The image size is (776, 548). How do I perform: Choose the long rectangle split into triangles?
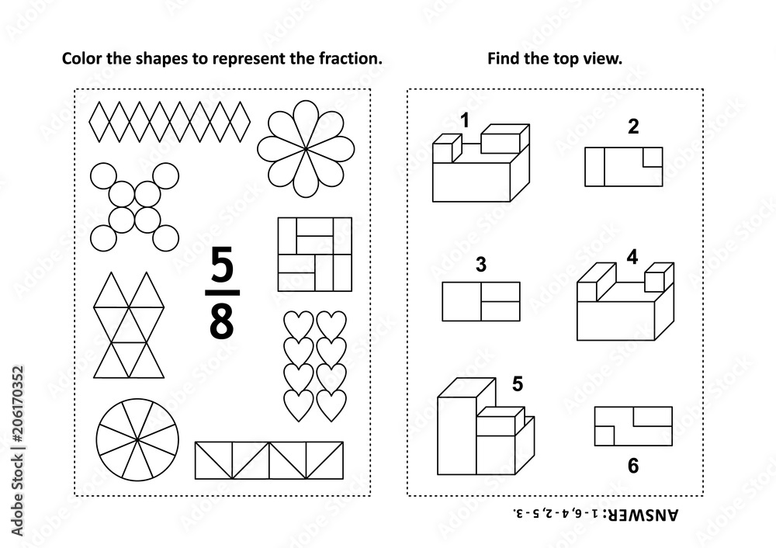click(268, 460)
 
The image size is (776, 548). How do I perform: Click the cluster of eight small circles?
click(131, 205)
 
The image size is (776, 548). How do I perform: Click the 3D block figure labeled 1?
click(480, 167)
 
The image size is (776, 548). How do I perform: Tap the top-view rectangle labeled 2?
click(624, 166)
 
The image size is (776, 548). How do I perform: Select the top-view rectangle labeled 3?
click(480, 301)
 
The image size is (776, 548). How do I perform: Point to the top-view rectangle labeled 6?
click(633, 426)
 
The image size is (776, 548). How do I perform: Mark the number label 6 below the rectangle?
click(632, 466)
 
